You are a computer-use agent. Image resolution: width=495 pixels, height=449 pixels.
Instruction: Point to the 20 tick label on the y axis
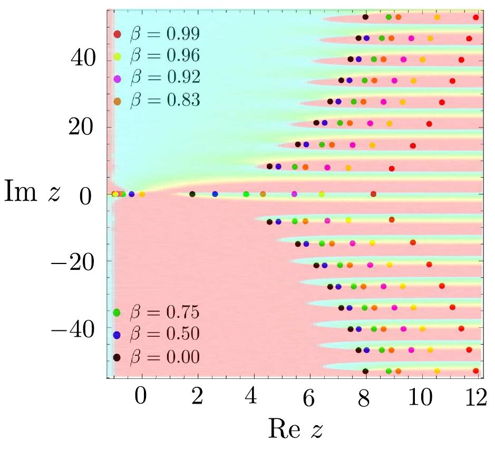point(83,126)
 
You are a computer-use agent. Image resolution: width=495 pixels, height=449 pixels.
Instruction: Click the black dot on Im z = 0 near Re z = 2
point(192,194)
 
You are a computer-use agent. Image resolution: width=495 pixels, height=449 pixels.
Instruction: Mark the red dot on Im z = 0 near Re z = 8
point(373,194)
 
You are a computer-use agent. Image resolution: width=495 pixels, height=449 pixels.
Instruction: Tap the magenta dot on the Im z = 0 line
point(294,194)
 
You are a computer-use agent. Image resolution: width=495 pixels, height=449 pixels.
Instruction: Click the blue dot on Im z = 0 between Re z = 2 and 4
point(215,194)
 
